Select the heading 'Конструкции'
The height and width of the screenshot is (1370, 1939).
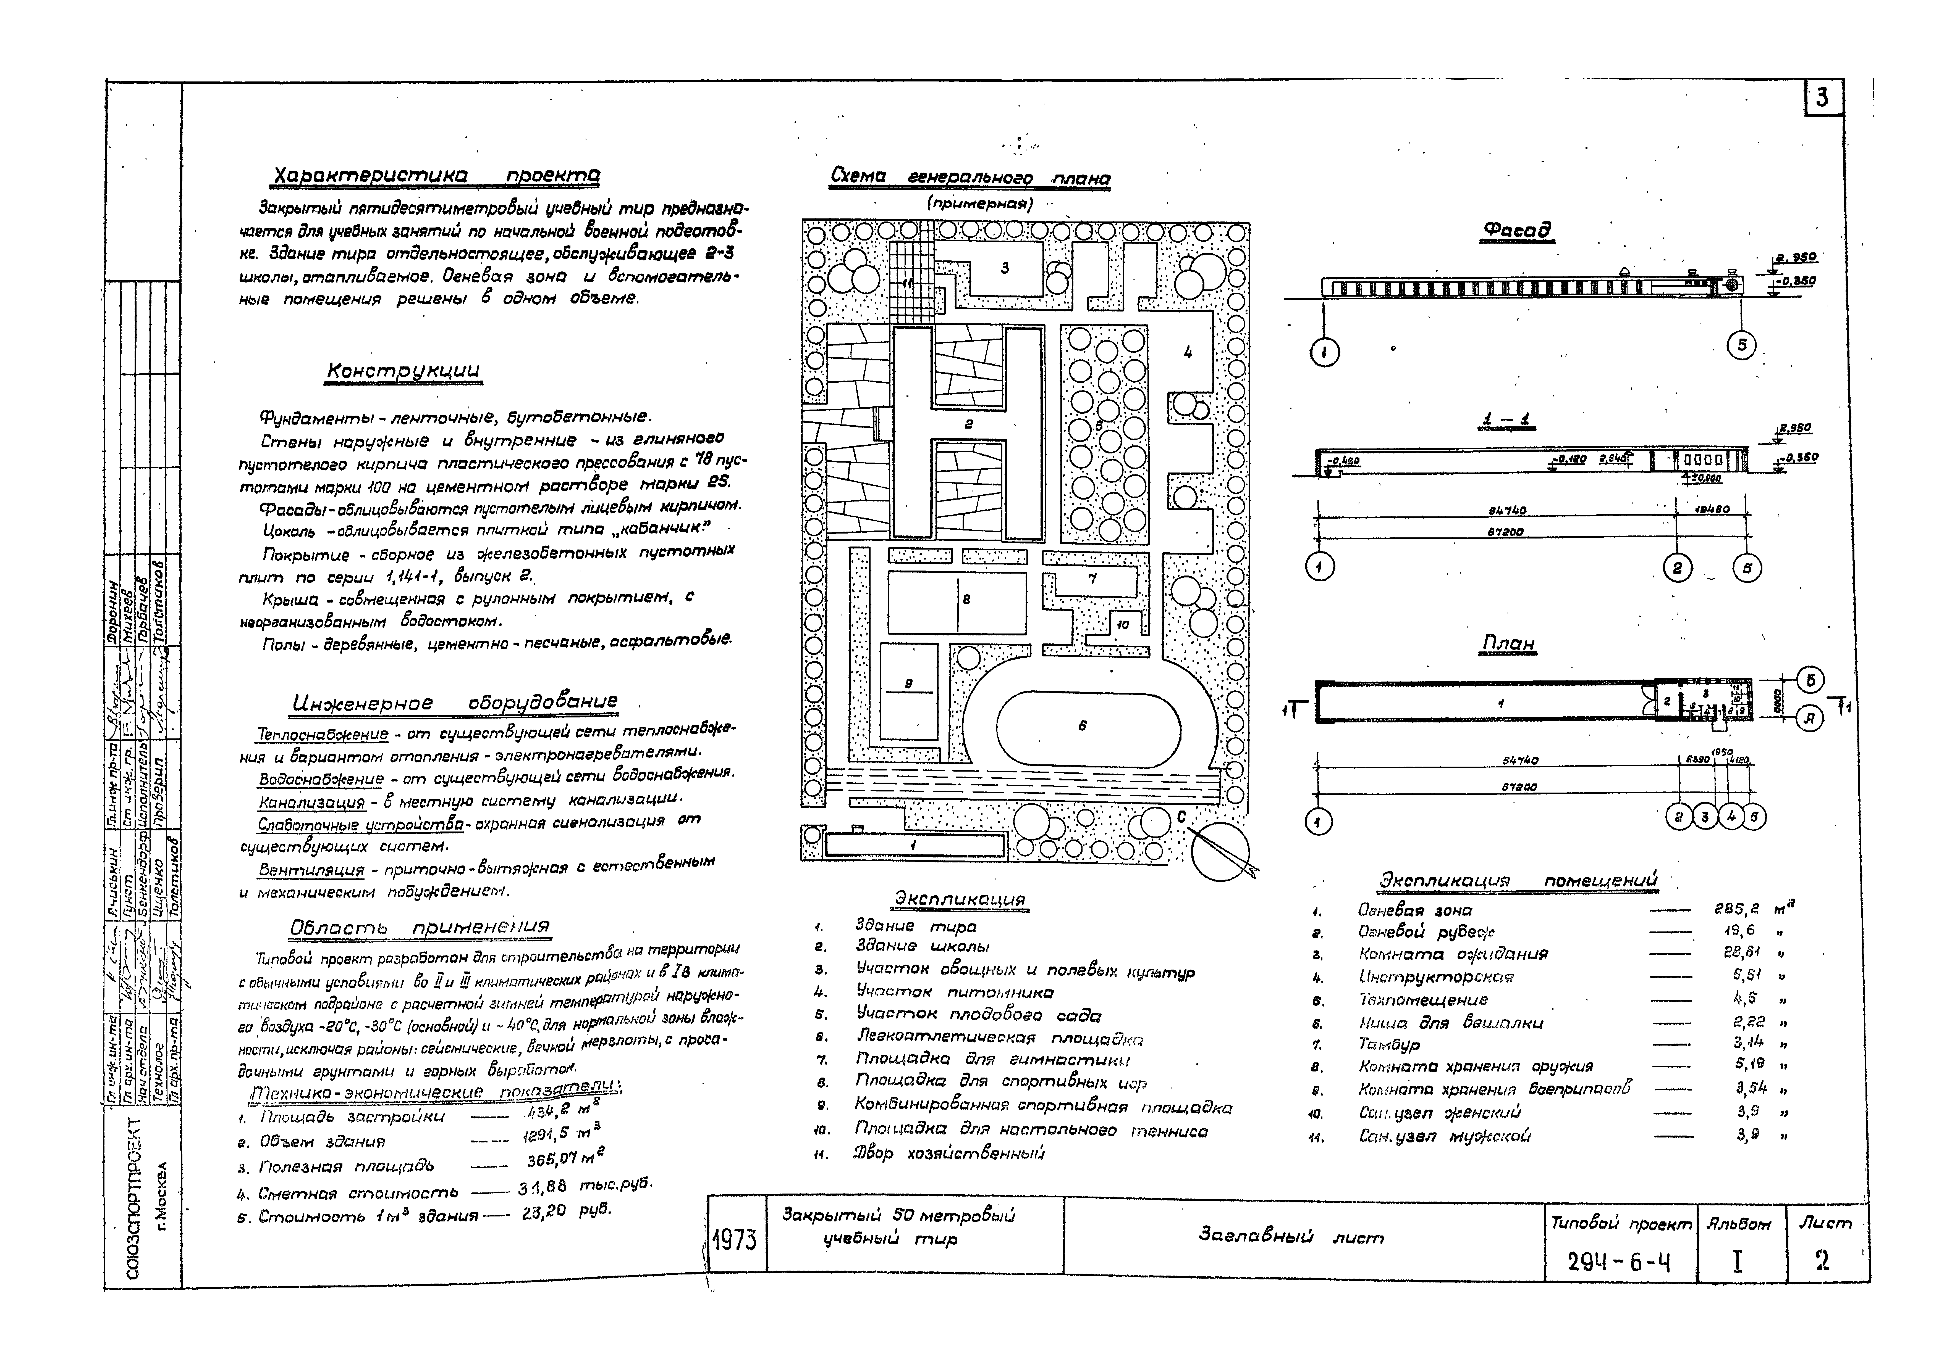tap(404, 371)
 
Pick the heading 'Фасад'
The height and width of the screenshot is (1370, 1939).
tap(1518, 230)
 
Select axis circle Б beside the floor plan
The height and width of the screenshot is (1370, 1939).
tap(1810, 680)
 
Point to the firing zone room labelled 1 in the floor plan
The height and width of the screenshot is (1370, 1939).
tap(1501, 702)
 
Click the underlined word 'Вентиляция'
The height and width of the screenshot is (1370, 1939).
tap(311, 869)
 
